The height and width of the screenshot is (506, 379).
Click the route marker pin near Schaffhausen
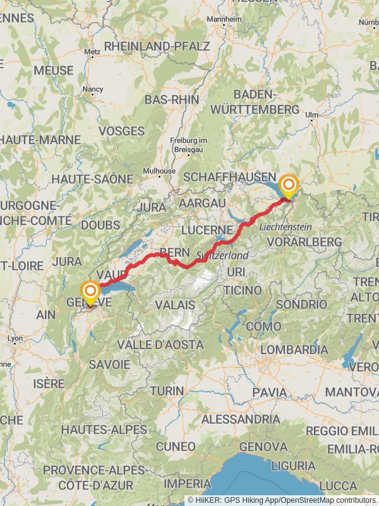click(x=289, y=185)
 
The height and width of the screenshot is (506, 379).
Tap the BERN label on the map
click(x=175, y=252)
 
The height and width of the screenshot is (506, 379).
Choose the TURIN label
click(x=167, y=390)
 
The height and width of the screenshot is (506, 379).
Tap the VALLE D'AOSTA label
click(x=160, y=345)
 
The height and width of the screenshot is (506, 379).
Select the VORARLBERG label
click(x=304, y=242)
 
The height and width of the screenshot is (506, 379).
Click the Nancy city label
click(x=92, y=90)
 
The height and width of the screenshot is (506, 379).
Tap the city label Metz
click(x=92, y=52)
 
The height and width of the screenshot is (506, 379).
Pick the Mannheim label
click(x=224, y=19)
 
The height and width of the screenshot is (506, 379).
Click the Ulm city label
click(x=311, y=114)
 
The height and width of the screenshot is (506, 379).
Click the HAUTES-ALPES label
click(x=104, y=429)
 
